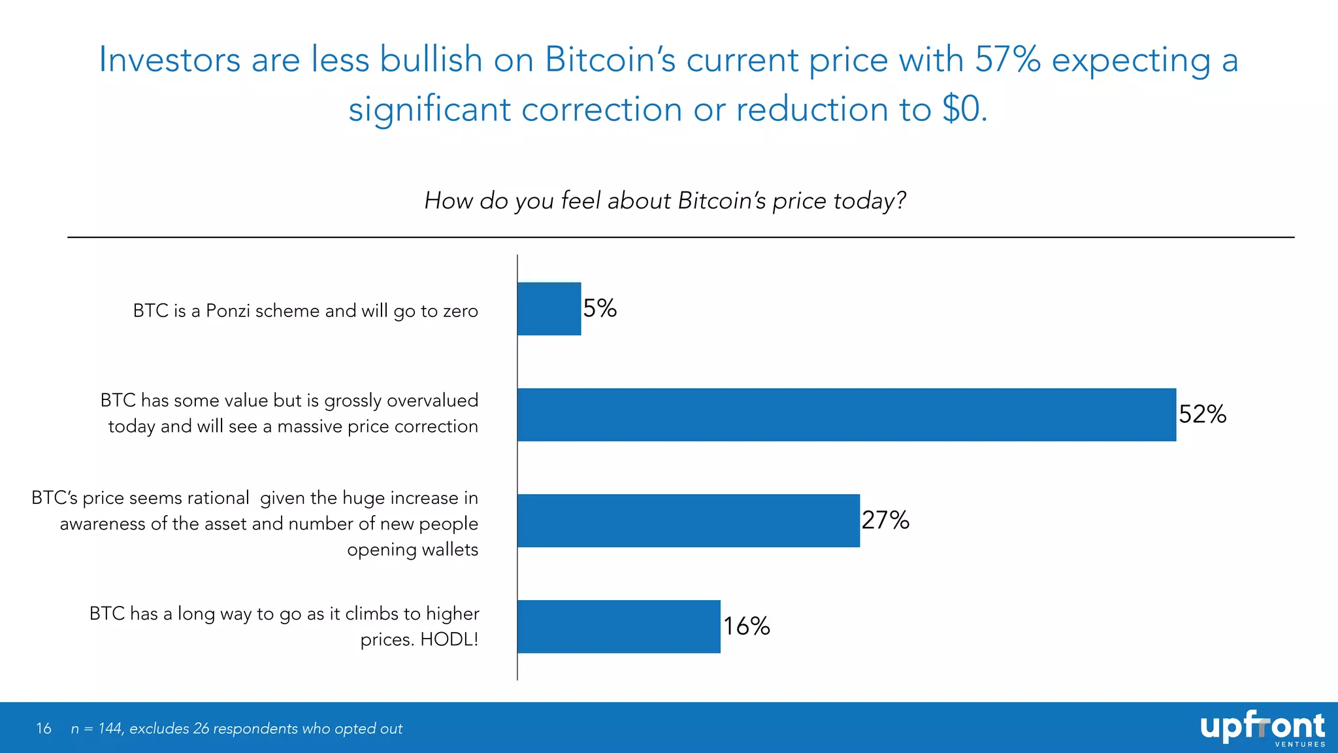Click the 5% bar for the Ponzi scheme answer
click(549, 309)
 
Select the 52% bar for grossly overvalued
click(846, 414)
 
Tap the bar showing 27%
click(688, 520)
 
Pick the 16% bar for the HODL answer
click(619, 626)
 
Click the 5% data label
click(600, 308)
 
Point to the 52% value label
click(1202, 414)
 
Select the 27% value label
click(885, 520)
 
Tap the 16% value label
click(747, 626)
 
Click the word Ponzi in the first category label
click(228, 310)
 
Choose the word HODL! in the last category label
click(449, 639)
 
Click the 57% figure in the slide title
click(1007, 60)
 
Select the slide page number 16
click(44, 728)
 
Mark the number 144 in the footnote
click(110, 728)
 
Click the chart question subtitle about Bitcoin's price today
click(665, 201)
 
